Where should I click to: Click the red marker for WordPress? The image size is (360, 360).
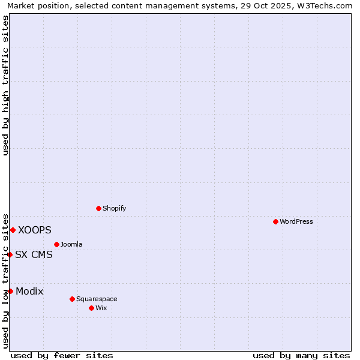(275, 221)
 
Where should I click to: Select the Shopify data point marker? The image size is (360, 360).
(99, 208)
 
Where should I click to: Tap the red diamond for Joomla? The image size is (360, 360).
(56, 244)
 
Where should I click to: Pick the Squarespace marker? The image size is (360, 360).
(72, 299)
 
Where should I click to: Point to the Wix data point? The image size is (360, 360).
(91, 308)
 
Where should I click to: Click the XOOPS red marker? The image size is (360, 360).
(13, 230)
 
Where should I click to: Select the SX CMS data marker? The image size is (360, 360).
(10, 254)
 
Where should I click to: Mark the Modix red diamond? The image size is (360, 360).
(10, 291)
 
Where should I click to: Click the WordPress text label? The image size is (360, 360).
(296, 221)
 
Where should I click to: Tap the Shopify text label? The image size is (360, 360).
(114, 208)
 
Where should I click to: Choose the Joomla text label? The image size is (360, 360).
(71, 244)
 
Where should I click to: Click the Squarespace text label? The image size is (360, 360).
(97, 299)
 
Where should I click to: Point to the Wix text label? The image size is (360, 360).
(101, 308)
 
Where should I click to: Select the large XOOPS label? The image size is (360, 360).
(35, 230)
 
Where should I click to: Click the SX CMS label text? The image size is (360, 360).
(34, 254)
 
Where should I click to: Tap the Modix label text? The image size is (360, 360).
(29, 291)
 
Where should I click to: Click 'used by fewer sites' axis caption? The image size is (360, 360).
(62, 355)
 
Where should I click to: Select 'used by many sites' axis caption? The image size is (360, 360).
(301, 355)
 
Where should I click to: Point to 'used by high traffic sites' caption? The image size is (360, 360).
(5, 85)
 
